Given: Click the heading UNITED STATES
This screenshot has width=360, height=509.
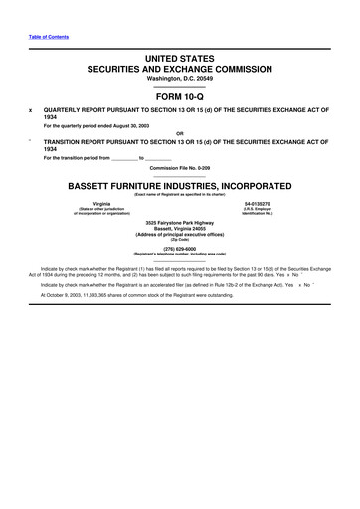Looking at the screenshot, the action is [179, 61].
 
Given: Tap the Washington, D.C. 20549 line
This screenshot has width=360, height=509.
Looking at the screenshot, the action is [179, 81].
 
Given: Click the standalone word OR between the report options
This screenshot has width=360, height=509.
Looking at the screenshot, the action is [179, 133].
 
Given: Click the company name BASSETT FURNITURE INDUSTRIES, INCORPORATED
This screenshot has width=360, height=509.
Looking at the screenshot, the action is [179, 185].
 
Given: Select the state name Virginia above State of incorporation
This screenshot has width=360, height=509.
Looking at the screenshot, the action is [101, 203].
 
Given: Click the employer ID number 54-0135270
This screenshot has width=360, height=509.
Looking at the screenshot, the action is [258, 203].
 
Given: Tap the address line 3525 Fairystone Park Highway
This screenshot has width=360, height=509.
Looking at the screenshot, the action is [179, 221].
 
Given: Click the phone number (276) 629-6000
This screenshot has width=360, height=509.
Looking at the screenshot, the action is [179, 249].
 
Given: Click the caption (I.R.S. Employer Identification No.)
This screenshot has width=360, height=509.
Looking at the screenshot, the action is [258, 211].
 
